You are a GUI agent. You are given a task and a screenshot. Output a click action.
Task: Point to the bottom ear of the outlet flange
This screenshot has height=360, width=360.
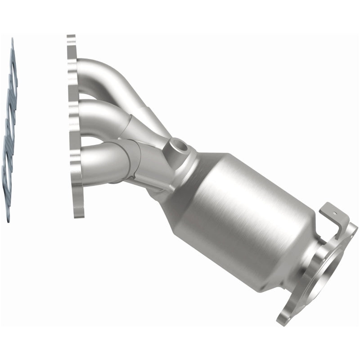290,315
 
